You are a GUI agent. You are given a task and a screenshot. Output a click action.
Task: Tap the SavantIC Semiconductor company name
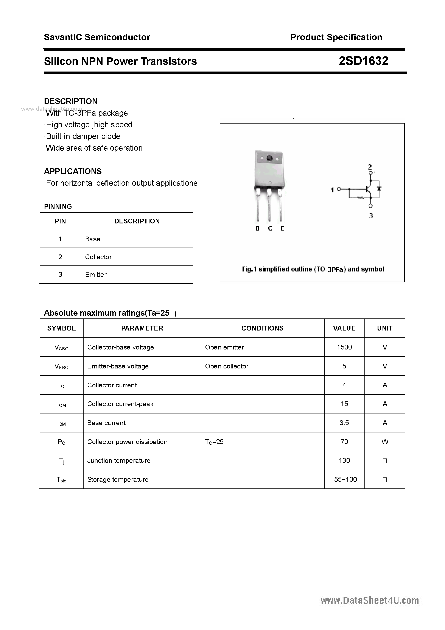97,37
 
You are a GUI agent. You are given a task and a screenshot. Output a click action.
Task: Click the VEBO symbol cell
61,366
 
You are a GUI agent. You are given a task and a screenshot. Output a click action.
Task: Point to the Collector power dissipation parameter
127,442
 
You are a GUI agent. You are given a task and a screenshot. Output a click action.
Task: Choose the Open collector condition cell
227,366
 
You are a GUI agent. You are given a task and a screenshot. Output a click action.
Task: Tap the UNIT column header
384,328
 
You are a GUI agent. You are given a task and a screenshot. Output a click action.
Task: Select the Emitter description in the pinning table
96,275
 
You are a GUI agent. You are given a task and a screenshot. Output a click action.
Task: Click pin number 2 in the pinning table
60,257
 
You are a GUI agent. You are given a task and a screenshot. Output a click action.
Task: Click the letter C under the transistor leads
270,228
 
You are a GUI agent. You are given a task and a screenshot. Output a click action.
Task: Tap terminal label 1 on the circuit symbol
332,190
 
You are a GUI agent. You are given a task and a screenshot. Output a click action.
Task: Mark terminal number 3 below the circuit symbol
371,216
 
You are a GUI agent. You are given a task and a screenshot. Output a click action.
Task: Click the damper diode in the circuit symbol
380,189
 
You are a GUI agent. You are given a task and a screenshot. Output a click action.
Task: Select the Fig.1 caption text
313,269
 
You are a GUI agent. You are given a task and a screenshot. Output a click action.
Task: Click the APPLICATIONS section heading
73,171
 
